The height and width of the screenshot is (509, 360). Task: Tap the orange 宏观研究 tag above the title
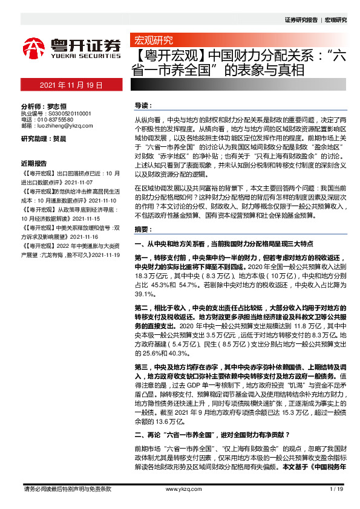(152, 41)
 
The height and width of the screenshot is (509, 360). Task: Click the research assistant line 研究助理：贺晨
(44, 139)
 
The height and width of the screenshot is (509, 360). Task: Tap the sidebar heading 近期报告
(34, 164)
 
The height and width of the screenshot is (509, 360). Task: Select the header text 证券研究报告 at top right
(301, 20)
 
